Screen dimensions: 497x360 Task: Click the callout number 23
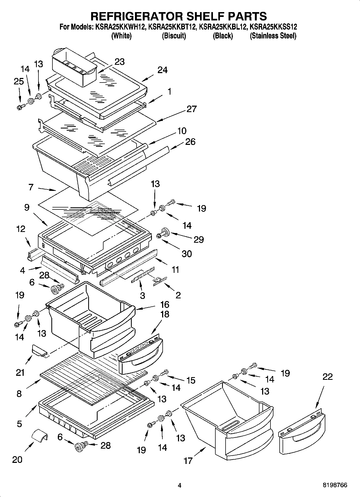click(119, 62)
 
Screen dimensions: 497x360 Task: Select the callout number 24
click(162, 70)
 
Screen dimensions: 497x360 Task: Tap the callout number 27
click(191, 109)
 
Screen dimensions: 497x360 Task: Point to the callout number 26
click(190, 142)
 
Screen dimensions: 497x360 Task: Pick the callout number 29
click(198, 239)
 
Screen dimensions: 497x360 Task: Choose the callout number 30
click(187, 253)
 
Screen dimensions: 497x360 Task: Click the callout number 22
click(327, 377)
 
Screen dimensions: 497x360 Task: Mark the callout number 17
click(188, 461)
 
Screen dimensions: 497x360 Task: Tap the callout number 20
click(17, 460)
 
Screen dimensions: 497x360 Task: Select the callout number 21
click(20, 373)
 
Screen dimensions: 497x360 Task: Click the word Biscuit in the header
click(174, 36)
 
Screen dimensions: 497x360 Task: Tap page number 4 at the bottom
click(180, 485)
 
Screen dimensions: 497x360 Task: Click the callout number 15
click(191, 380)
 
